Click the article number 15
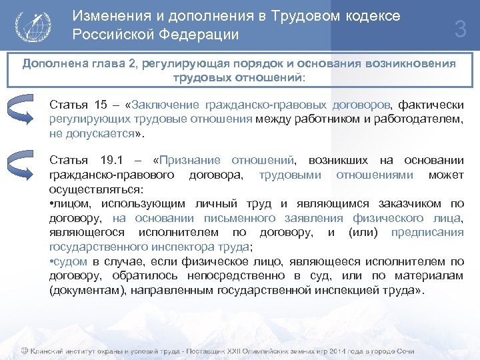(101, 105)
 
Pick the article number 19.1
(109, 161)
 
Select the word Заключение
(167, 105)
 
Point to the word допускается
(102, 133)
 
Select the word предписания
(427, 233)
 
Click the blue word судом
(69, 261)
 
